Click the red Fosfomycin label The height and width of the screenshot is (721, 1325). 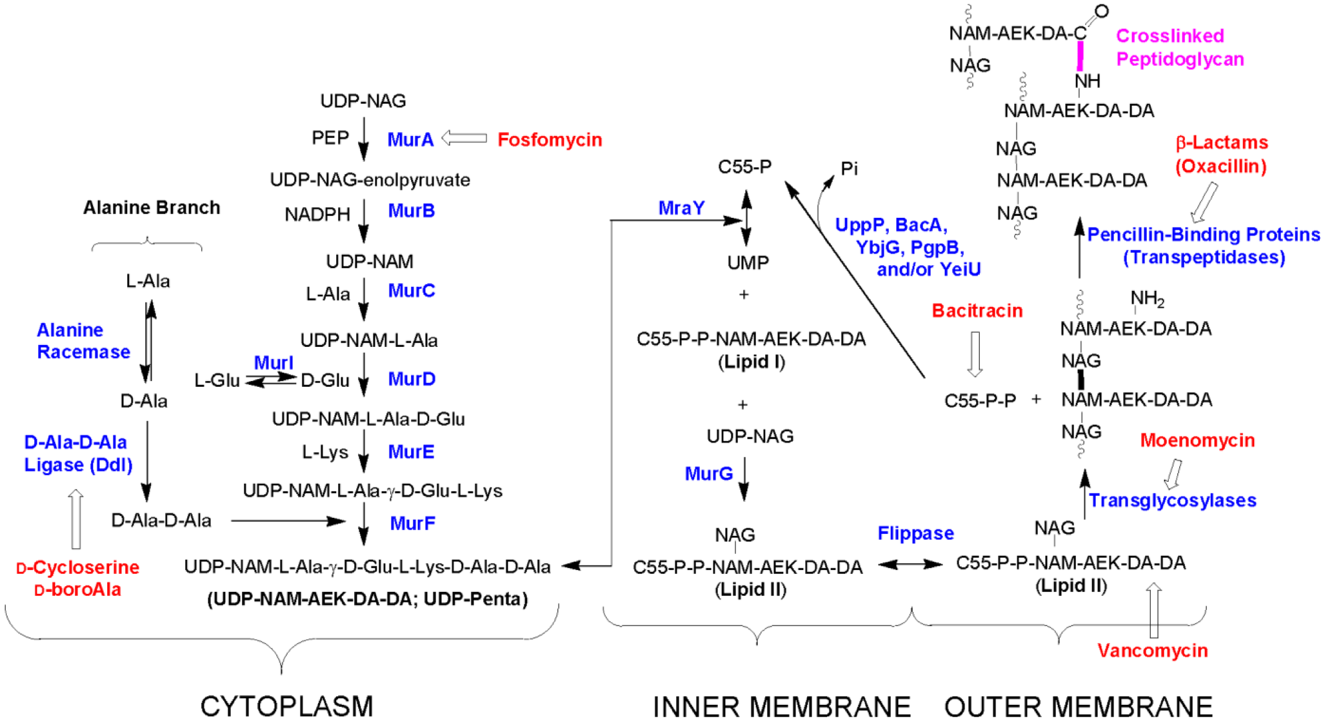550,139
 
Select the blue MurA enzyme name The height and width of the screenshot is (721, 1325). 410,139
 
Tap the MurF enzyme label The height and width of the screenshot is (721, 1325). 412,523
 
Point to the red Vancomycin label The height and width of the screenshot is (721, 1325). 1152,650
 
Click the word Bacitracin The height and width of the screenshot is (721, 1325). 977,311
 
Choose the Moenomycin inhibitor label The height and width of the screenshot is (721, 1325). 1197,440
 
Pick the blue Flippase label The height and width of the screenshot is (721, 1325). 915,533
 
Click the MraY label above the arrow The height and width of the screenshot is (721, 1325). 681,208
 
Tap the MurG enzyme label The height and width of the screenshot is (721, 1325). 708,474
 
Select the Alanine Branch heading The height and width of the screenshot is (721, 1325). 152,208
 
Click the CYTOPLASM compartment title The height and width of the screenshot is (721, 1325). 286,706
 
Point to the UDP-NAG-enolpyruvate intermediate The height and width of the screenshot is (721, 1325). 370,180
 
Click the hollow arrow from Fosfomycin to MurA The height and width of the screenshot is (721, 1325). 464,138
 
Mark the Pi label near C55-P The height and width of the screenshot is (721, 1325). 849,169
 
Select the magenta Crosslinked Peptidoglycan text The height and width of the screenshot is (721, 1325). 1179,47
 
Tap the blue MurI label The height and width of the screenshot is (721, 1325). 274,362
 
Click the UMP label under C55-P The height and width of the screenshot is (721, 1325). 748,262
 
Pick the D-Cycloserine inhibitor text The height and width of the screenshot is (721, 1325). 78,568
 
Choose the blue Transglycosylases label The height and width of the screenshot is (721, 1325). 1172,500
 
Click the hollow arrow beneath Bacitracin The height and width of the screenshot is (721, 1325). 975,353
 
